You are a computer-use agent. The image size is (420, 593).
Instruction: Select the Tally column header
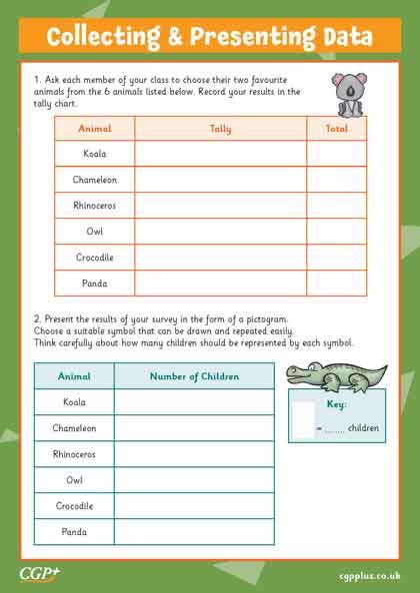click(x=220, y=128)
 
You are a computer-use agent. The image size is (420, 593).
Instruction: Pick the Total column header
click(x=336, y=128)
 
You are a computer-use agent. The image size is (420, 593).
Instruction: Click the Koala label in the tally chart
click(x=95, y=154)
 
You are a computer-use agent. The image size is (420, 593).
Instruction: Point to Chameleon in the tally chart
click(x=95, y=180)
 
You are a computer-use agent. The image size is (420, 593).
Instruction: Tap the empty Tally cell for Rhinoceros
click(x=220, y=206)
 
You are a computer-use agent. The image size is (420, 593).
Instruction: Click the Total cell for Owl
click(x=336, y=232)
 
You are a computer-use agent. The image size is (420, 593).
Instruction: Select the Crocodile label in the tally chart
click(x=95, y=258)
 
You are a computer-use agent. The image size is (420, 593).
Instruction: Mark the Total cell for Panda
click(x=336, y=284)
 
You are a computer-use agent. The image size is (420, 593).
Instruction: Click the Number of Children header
click(x=194, y=376)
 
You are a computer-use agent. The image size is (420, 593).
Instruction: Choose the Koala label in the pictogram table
click(x=74, y=402)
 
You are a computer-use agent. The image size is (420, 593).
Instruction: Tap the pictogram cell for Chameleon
click(x=194, y=428)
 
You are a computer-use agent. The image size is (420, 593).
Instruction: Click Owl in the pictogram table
click(x=74, y=480)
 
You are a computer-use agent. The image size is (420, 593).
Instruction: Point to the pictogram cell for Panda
click(x=194, y=532)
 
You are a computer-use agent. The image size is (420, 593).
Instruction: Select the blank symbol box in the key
click(x=303, y=421)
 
